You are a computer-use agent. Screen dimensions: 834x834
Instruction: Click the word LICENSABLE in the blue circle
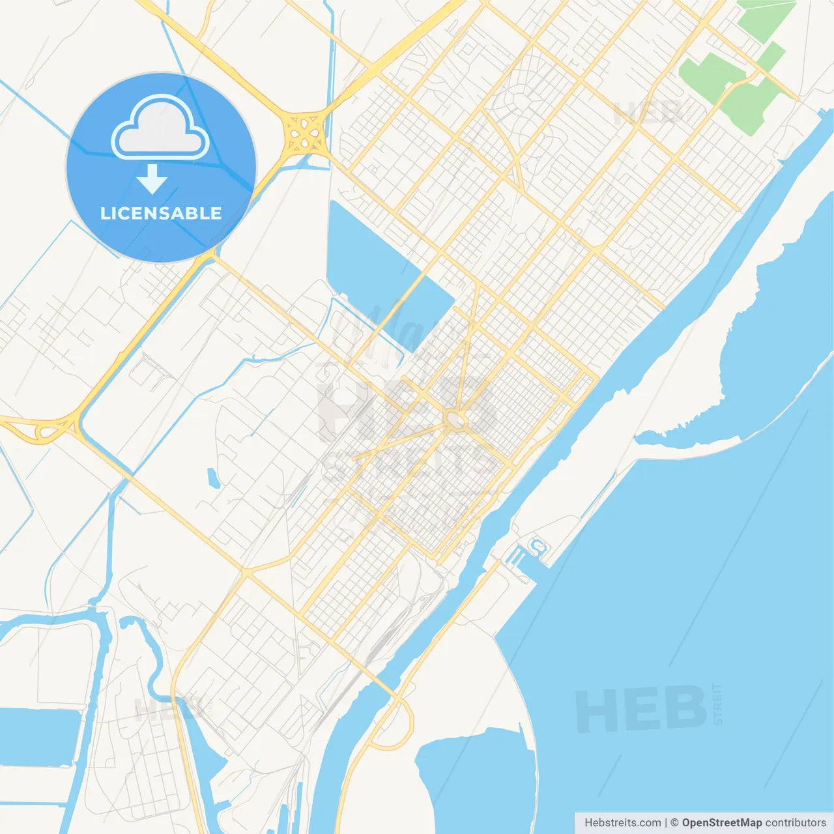coord(161,213)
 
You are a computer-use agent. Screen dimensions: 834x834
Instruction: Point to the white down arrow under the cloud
coord(152,179)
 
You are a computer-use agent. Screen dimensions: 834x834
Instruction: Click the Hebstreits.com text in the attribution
coord(622,823)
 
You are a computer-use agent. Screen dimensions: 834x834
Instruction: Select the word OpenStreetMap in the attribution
coord(721,823)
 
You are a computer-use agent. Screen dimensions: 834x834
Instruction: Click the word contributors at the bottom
coord(796,823)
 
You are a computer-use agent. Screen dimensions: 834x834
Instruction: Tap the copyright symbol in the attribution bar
coord(674,823)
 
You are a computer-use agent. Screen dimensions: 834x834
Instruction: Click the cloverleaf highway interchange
coord(304,132)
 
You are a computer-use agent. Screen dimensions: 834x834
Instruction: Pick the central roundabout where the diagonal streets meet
coord(456,420)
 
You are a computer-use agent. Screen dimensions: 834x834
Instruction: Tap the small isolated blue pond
coord(212,478)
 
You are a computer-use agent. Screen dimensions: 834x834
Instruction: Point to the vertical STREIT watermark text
coord(718,704)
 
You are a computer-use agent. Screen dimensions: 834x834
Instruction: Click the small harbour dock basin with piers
coord(529,553)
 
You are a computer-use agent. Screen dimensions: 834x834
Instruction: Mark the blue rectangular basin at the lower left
coord(39,736)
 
